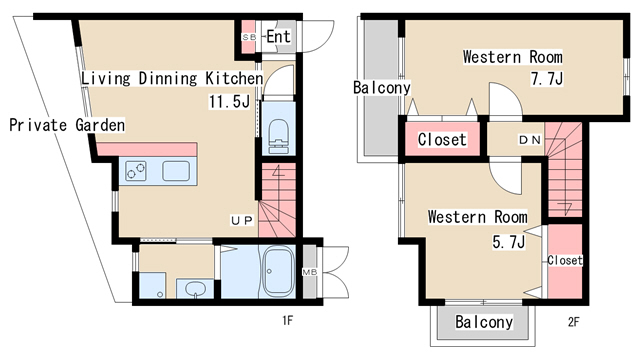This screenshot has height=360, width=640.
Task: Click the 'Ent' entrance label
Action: click(x=278, y=37)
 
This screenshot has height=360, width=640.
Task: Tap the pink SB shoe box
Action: click(x=249, y=37)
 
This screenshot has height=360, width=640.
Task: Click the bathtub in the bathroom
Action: click(x=278, y=271)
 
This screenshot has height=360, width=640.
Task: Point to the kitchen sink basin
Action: click(x=176, y=171)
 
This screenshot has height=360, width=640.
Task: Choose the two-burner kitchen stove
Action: click(x=136, y=171)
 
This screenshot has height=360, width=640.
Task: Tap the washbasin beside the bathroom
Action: click(x=195, y=289)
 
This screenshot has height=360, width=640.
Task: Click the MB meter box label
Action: click(x=310, y=272)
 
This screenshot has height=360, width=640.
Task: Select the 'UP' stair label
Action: click(x=242, y=221)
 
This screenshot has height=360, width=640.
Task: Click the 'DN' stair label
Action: click(x=529, y=140)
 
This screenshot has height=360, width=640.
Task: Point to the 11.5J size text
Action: click(x=229, y=101)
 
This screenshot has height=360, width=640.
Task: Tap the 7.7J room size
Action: click(x=547, y=78)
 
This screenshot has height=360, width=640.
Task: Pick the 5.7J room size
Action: click(x=509, y=242)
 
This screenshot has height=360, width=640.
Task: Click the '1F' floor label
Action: click(x=288, y=321)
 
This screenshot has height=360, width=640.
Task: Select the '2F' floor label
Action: click(x=573, y=322)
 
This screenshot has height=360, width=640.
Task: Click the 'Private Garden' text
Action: click(x=67, y=125)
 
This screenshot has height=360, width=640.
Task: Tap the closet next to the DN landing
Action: click(x=442, y=140)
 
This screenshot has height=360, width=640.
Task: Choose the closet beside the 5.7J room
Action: click(x=565, y=261)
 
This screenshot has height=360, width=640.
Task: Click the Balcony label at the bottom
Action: click(x=484, y=322)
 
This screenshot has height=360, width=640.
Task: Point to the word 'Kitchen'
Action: click(x=234, y=78)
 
